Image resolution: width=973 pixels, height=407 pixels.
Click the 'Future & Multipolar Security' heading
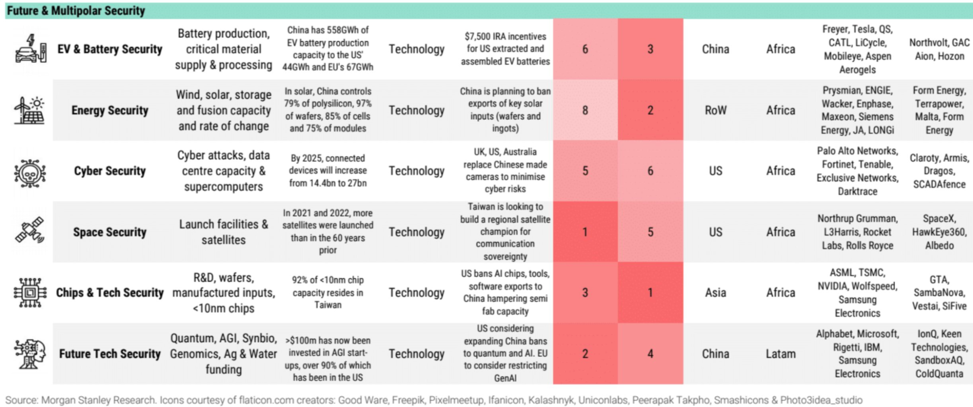pyautogui.click(x=76, y=11)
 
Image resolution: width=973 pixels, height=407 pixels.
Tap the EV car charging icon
pyautogui.click(x=31, y=49)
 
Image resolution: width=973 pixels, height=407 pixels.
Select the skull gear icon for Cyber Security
pyautogui.click(x=30, y=172)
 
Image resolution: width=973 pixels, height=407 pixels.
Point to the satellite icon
pyautogui.click(x=30, y=231)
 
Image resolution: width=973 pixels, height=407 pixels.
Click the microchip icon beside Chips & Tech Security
pyautogui.click(x=30, y=293)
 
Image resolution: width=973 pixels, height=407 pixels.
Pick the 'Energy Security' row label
pyautogui.click(x=110, y=111)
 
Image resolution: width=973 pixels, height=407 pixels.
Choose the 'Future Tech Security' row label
pyautogui.click(x=110, y=354)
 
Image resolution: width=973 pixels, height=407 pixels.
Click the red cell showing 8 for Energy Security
pyautogui.click(x=585, y=111)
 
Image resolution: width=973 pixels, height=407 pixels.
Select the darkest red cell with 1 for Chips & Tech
pyautogui.click(x=650, y=293)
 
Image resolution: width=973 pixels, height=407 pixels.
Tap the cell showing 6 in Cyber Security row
pyautogui.click(x=650, y=171)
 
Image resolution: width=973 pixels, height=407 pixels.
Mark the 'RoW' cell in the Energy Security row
pyautogui.click(x=716, y=111)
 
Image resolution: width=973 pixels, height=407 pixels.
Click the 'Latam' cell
pyautogui.click(x=781, y=354)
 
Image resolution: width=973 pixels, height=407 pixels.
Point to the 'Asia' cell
pyautogui.click(x=716, y=293)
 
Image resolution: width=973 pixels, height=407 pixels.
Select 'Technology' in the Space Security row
pyautogui.click(x=416, y=232)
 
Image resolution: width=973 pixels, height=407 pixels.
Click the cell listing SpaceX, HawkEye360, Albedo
pyautogui.click(x=939, y=232)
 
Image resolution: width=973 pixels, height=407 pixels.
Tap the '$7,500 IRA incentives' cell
pyautogui.click(x=505, y=49)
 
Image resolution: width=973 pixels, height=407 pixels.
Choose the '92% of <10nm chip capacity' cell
pyautogui.click(x=328, y=293)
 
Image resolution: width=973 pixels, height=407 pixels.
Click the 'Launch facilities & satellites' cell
pyautogui.click(x=223, y=232)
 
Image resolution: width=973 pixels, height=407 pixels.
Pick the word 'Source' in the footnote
pyautogui.click(x=21, y=400)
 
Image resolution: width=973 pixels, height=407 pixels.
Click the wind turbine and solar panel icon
pyautogui.click(x=30, y=111)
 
